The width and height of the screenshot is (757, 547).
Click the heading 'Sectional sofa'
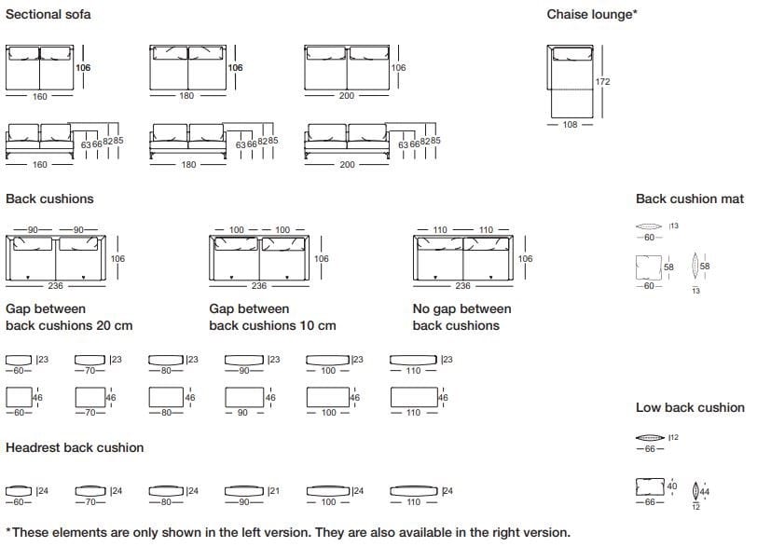click(48, 14)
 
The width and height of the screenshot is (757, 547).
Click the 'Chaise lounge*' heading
click(592, 14)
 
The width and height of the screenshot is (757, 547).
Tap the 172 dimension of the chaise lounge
click(602, 82)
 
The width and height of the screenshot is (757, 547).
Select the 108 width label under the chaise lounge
click(571, 125)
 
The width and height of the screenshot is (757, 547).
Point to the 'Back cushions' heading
click(49, 198)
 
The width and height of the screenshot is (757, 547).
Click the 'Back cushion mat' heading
click(690, 198)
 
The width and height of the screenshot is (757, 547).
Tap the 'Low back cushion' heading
click(690, 407)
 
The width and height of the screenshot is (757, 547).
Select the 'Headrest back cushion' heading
click(75, 447)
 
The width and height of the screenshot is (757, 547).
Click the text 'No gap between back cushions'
click(461, 317)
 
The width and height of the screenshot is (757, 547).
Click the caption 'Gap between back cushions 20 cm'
click(69, 317)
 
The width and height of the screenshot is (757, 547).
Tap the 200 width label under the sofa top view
click(347, 97)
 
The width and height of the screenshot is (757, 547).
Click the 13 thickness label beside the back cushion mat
click(674, 226)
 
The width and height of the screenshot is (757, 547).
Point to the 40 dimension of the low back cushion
click(672, 486)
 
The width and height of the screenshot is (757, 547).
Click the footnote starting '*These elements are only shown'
click(288, 532)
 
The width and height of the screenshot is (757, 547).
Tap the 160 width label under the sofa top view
click(40, 97)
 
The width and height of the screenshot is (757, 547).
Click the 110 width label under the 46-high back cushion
click(413, 413)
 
